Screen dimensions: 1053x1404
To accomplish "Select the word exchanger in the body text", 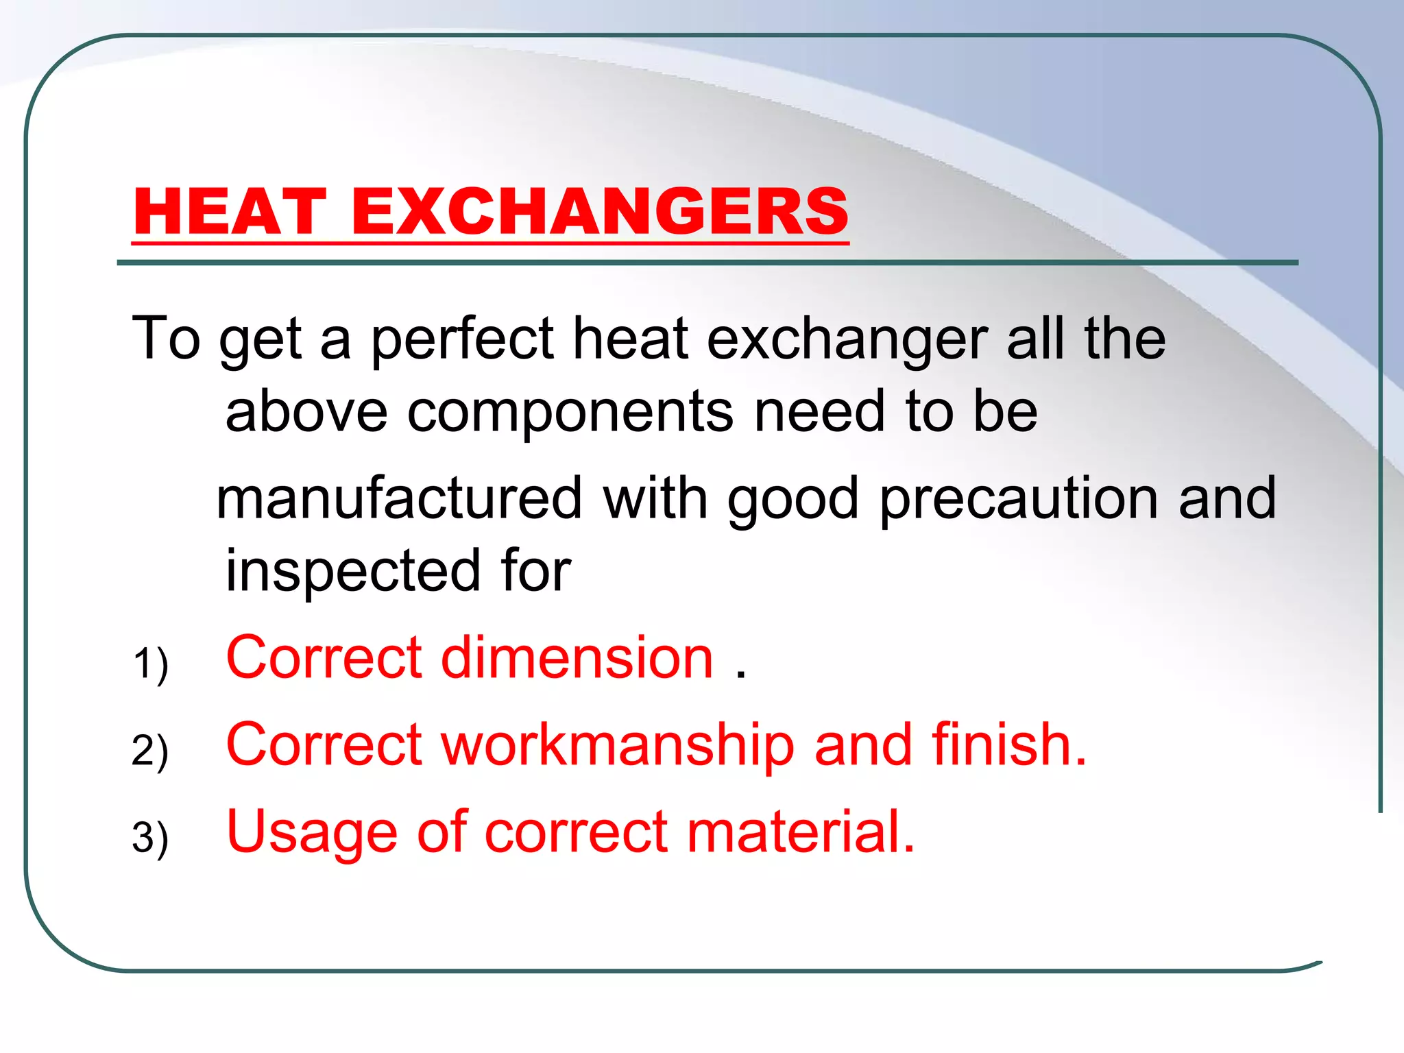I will click(x=847, y=340).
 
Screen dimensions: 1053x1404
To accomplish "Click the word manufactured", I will click(x=399, y=498).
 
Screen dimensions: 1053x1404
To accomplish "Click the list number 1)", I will click(x=150, y=663).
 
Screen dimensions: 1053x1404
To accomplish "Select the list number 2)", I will click(x=150, y=750).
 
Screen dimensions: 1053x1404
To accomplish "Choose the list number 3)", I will click(x=150, y=837).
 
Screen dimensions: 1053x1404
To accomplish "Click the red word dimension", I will click(x=577, y=657).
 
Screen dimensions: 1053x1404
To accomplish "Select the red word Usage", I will click(x=312, y=833).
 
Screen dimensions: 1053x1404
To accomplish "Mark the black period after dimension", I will click(x=740, y=675).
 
